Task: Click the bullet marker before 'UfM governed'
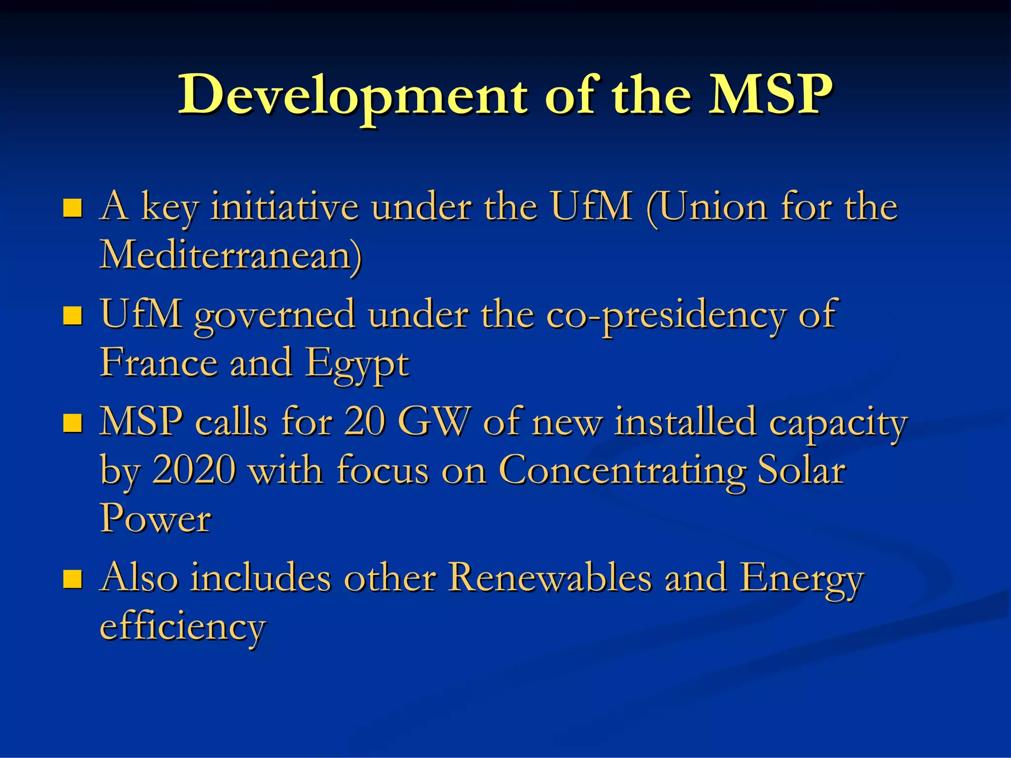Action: [73, 316]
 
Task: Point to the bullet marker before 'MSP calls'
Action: [73, 423]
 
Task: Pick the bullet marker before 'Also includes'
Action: [73, 579]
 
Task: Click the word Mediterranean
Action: [231, 256]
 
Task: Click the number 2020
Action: [194, 470]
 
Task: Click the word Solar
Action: [801, 470]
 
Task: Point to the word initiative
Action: [285, 207]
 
